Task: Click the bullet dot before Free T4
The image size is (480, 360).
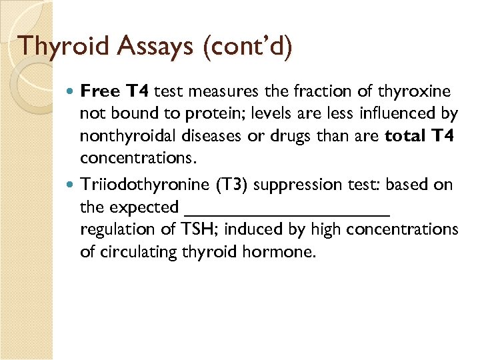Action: pos(73,91)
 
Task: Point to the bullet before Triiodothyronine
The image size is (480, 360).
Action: pos(73,184)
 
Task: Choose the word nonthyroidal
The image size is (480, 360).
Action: pos(124,137)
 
